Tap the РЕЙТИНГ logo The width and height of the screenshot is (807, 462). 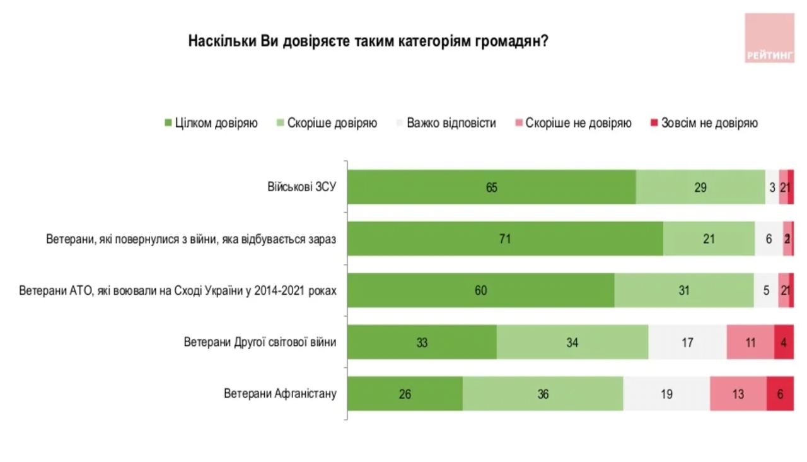click(x=769, y=38)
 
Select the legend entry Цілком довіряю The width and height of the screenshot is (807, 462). click(x=211, y=123)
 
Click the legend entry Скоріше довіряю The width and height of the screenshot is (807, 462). click(x=326, y=123)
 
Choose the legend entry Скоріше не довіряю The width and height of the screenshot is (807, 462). click(x=572, y=123)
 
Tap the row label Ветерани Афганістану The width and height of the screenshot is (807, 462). click(x=280, y=394)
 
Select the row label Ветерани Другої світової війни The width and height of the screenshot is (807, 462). click(x=260, y=342)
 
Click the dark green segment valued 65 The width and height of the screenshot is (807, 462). click(x=492, y=187)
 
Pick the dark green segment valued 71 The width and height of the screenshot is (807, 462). click(x=505, y=239)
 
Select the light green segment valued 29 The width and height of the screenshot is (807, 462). click(x=700, y=187)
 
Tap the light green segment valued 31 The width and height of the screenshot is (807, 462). click(x=684, y=291)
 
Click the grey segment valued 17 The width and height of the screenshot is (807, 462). click(x=687, y=343)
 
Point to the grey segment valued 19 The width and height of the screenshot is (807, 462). click(x=666, y=394)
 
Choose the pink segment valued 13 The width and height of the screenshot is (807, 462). click(x=738, y=394)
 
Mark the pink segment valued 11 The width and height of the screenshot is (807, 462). click(x=750, y=343)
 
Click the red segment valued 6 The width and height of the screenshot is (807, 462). click(x=781, y=394)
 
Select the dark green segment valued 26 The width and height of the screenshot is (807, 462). click(x=405, y=394)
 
